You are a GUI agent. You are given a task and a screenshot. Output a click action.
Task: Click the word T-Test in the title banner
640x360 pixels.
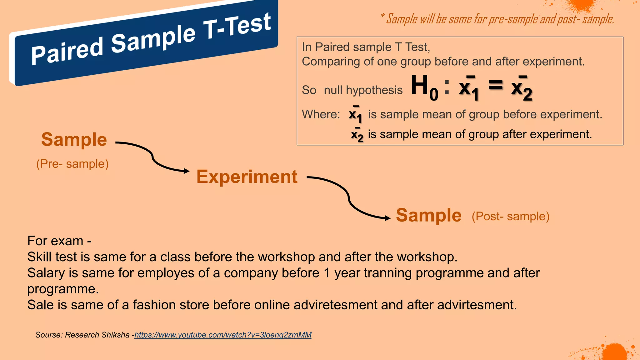click(237, 27)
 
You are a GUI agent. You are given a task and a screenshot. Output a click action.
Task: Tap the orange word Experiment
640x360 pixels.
click(247, 177)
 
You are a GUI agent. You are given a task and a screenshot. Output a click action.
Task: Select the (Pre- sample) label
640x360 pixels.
click(72, 164)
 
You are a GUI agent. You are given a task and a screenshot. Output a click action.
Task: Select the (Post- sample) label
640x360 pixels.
click(510, 216)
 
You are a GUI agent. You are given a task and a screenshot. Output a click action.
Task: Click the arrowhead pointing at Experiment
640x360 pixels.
click(187, 171)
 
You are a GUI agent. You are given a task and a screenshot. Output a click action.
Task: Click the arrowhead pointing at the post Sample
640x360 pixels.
click(387, 218)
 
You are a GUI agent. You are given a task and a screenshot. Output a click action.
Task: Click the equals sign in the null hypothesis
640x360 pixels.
click(496, 85)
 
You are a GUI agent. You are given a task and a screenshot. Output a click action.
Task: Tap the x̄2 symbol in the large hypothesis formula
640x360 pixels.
click(521, 88)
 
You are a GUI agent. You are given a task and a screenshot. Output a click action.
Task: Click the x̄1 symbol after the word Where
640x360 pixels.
click(355, 115)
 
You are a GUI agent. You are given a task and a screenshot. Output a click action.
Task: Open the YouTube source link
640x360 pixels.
click(223, 335)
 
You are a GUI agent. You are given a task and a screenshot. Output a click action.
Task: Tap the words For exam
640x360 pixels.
click(55, 241)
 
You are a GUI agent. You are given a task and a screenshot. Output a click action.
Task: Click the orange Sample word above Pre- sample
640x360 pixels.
click(74, 140)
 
